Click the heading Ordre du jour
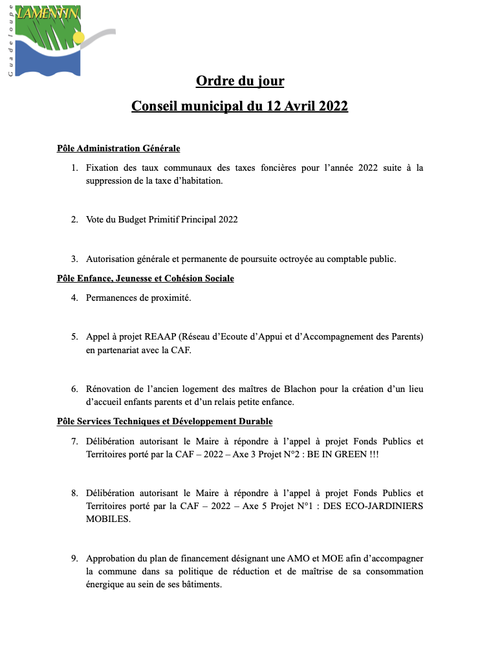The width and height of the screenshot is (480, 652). pos(240,81)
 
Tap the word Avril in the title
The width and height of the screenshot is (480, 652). pos(294,106)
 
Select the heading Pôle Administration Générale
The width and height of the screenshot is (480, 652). pos(118,149)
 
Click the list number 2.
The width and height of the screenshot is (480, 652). pos(74,220)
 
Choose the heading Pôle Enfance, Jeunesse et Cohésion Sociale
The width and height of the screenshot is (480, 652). pos(146,279)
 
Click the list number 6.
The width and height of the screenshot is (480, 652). pos(74,389)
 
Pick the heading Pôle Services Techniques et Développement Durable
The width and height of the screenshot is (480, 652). pos(164,422)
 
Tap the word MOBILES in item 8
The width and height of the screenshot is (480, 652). pos(108,519)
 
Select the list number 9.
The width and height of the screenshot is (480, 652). pos(74,558)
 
